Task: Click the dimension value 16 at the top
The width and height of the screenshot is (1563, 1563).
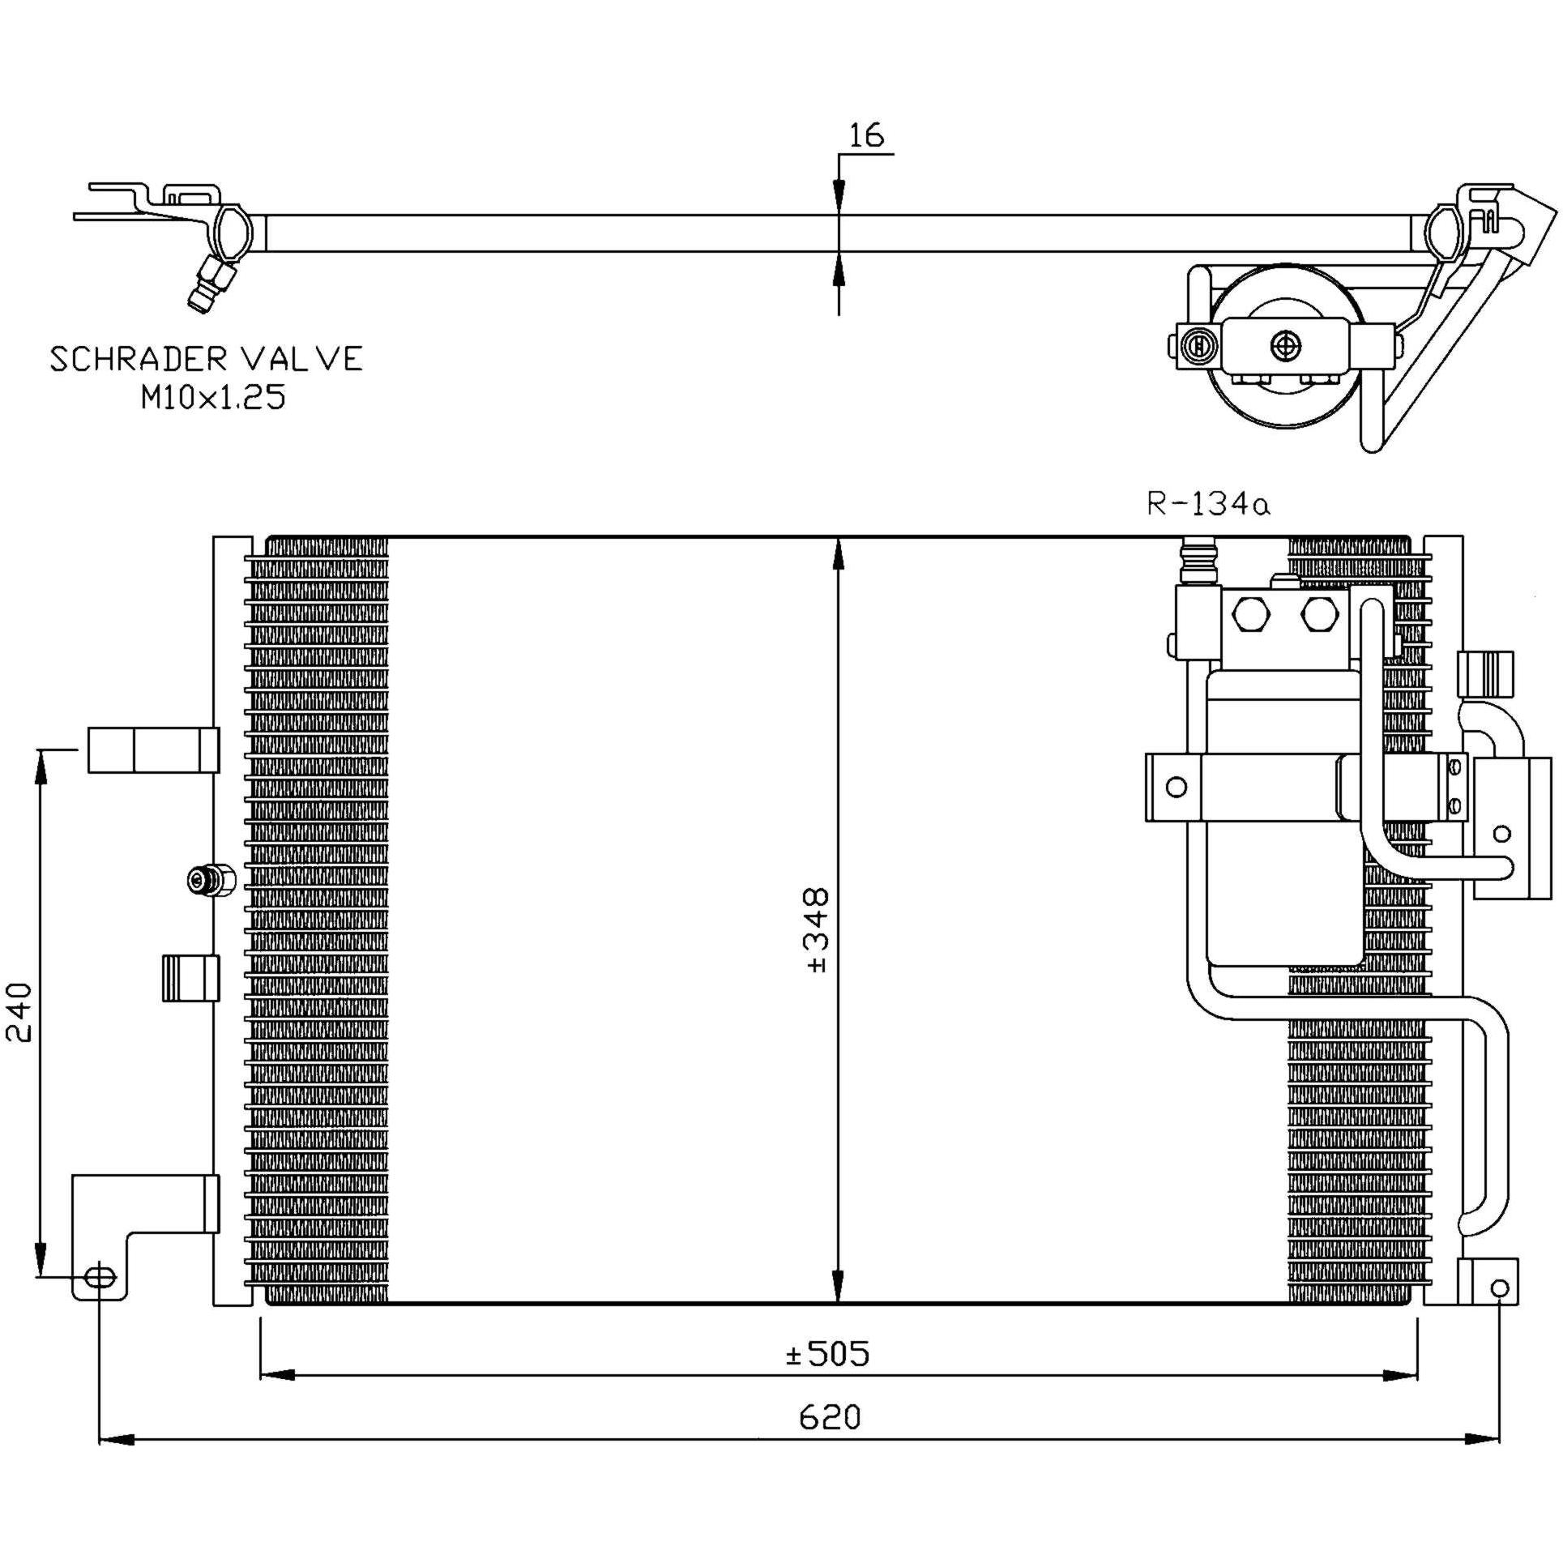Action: (866, 135)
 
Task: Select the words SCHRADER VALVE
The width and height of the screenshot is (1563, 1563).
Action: (207, 359)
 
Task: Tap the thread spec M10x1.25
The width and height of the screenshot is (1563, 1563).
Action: (213, 398)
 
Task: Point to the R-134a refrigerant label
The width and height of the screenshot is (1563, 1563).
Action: (1208, 504)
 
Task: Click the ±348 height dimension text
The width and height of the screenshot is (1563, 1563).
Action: (818, 930)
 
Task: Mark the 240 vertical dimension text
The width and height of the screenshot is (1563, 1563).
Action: (19, 1012)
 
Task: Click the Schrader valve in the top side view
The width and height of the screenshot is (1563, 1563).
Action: (211, 283)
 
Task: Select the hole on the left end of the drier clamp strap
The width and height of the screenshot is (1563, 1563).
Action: (1177, 786)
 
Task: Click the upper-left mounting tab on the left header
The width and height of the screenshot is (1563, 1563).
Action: (153, 749)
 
